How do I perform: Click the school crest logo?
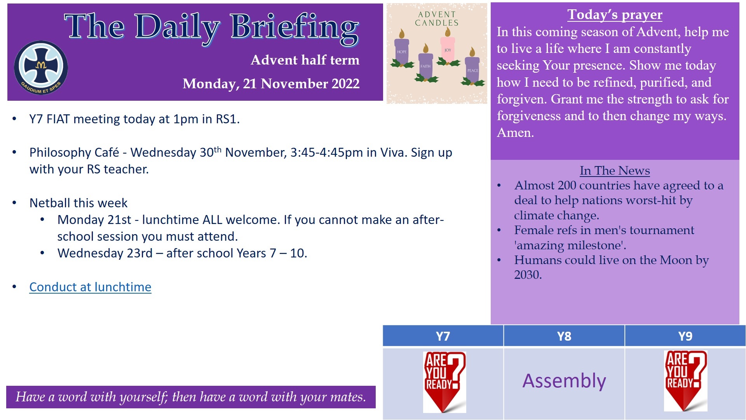tap(41, 68)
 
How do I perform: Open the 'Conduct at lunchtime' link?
tap(90, 287)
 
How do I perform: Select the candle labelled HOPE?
tap(402, 51)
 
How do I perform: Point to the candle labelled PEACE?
tap(472, 68)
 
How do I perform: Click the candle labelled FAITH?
tap(426, 64)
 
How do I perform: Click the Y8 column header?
tap(564, 336)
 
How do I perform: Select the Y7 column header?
tap(443, 336)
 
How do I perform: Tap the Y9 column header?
tap(685, 336)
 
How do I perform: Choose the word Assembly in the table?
tap(564, 381)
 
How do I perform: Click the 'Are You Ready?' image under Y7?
tap(444, 382)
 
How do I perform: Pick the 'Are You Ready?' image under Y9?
tap(686, 381)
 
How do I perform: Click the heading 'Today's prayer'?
tap(615, 15)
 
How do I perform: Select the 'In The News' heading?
tap(615, 170)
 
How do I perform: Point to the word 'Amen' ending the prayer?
tap(514, 133)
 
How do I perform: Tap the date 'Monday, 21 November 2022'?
tap(271, 84)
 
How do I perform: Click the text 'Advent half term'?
tap(305, 60)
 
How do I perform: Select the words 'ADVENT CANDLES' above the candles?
tap(437, 19)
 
